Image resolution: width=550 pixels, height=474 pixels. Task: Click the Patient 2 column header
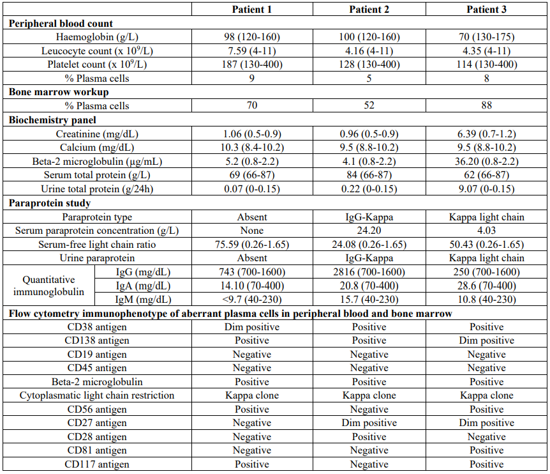[369, 9]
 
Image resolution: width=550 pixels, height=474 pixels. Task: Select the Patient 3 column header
[486, 9]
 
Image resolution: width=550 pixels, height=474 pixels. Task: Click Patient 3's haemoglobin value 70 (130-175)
[486, 37]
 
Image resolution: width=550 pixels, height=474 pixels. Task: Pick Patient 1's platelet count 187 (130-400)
[251, 65]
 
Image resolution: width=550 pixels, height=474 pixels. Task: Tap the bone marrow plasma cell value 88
[486, 105]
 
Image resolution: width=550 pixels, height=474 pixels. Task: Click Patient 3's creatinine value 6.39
[486, 134]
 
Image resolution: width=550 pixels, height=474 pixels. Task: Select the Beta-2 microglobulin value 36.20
[486, 162]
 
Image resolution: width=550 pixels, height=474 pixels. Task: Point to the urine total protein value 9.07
[486, 189]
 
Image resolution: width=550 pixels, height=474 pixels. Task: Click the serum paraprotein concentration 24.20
[369, 231]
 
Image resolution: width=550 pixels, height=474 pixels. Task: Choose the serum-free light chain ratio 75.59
[251, 245]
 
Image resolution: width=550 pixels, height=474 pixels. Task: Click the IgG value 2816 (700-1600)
[369, 272]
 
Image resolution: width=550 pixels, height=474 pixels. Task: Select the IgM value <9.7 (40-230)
[251, 300]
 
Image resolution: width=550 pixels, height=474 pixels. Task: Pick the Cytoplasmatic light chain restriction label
[97, 396]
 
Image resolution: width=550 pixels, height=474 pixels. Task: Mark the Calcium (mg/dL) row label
[97, 148]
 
